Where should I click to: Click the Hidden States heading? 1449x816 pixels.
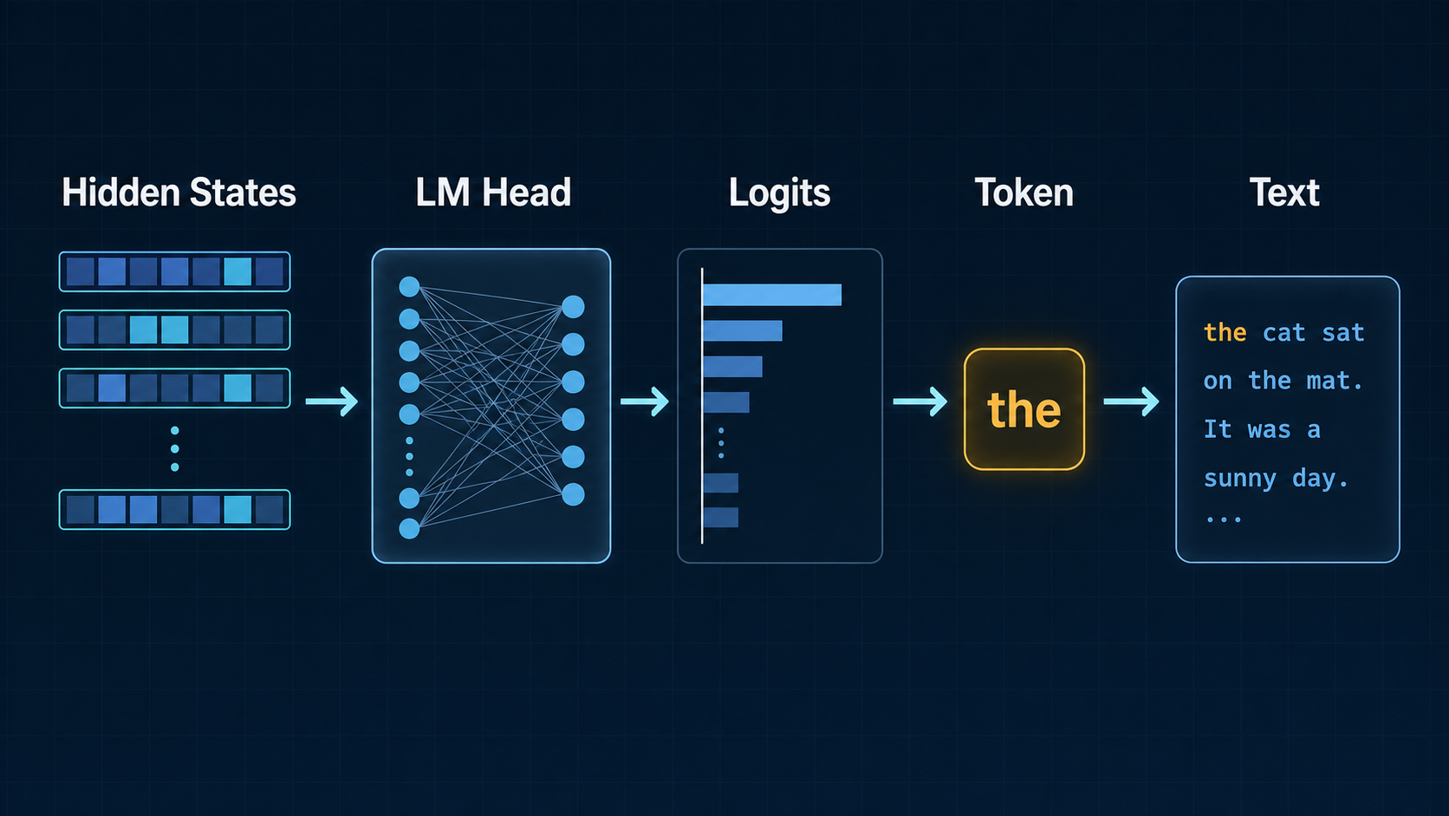[x=179, y=193]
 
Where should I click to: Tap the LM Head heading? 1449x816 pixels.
[x=493, y=193]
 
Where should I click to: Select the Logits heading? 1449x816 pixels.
[x=779, y=193]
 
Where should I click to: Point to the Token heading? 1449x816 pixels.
[x=1024, y=193]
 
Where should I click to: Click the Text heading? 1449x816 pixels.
[x=1284, y=193]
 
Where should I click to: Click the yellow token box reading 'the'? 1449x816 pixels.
[x=1024, y=409]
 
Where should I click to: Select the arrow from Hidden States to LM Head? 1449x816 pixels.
[x=331, y=401]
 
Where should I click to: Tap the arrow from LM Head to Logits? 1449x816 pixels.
[x=644, y=401]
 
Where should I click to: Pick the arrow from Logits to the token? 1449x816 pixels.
[x=919, y=401]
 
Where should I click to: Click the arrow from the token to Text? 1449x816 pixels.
[x=1131, y=401]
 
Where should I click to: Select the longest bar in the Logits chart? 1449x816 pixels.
[x=772, y=295]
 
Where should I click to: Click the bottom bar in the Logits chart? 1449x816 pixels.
[x=721, y=517]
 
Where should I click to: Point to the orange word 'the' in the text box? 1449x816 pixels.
[x=1225, y=333]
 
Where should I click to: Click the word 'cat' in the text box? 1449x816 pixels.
[x=1284, y=333]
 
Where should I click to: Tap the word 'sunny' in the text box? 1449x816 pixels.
[x=1240, y=479]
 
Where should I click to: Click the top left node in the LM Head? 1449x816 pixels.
[x=409, y=287]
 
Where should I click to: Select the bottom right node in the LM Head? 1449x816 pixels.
[x=573, y=494]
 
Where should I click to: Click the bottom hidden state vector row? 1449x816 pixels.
[x=175, y=509]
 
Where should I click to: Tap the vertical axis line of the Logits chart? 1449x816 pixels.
[x=702, y=406]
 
